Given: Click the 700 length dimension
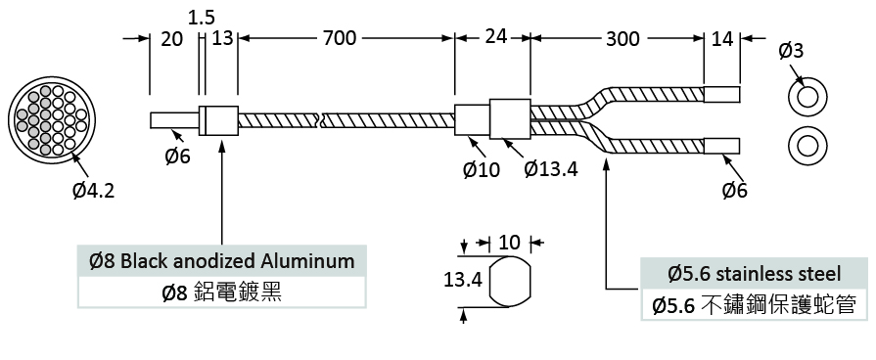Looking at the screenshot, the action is coord(339,38).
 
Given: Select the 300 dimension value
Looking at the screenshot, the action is coord(622,39).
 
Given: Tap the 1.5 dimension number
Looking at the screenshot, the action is coord(201,18).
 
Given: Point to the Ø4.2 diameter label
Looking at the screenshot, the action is coord(93,191).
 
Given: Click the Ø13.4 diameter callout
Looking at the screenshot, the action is coord(551,168).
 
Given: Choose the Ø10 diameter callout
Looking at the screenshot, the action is coord(481,169).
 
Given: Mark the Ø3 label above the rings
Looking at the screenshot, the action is coord(791,51).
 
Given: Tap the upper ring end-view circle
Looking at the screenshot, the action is coord(807,98).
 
